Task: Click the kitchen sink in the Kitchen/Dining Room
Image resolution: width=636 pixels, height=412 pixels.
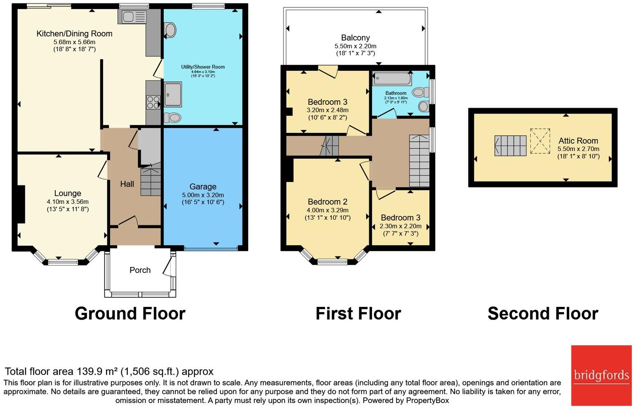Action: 134,17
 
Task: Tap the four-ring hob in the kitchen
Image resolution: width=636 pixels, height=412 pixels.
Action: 153,102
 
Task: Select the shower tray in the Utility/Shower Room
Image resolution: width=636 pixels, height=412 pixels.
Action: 173,95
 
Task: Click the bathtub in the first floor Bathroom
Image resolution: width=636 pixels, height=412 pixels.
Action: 392,78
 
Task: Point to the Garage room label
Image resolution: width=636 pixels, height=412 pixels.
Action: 203,187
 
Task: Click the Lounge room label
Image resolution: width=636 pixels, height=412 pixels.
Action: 68,194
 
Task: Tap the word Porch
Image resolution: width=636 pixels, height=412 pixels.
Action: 140,270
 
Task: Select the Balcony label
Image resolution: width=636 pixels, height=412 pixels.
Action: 355,38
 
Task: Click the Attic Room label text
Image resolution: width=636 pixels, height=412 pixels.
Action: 578,141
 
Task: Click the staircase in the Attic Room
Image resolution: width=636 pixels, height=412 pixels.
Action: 510,146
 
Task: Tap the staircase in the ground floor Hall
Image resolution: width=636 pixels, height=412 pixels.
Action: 151,179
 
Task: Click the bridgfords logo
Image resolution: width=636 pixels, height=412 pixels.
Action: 601,376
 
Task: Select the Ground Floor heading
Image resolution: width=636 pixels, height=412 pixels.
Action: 130,314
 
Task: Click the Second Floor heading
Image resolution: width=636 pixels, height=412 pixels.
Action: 543,314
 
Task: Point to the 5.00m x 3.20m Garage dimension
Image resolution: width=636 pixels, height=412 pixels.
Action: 203,195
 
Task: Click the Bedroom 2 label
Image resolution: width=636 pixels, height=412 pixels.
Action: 328,202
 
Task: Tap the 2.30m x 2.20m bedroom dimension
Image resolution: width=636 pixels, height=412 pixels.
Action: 401,226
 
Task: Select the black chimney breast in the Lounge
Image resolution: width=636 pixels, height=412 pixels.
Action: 21,204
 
